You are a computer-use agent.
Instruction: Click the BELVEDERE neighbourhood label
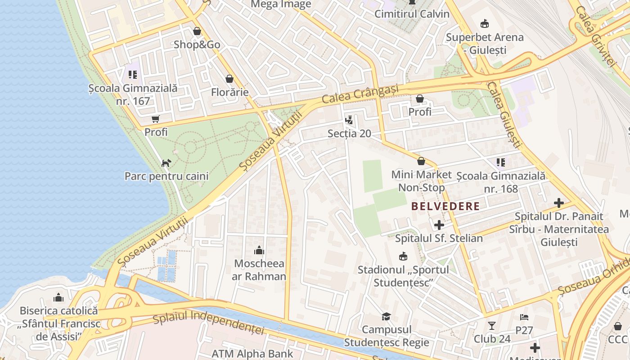click(445, 207)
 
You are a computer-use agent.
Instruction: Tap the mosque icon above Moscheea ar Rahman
click(259, 251)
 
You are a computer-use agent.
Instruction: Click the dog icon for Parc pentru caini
click(166, 162)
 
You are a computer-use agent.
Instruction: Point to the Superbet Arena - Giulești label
click(485, 43)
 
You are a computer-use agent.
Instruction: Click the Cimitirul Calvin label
click(412, 14)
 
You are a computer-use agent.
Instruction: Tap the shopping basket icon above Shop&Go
click(197, 31)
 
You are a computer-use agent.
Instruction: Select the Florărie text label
click(229, 92)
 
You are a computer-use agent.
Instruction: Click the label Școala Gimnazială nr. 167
click(133, 94)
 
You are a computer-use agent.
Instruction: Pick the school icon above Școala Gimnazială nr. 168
click(500, 162)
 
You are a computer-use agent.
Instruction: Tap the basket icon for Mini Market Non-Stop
click(421, 161)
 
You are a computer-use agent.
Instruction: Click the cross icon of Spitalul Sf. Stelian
click(439, 225)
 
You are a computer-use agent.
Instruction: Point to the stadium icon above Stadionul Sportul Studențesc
click(403, 256)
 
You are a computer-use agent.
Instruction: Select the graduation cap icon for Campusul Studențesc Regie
click(386, 316)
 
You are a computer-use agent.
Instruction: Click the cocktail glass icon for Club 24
click(492, 325)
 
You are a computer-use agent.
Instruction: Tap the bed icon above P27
click(524, 317)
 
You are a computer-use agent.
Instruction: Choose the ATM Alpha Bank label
click(252, 354)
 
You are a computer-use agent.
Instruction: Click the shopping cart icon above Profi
click(156, 119)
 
